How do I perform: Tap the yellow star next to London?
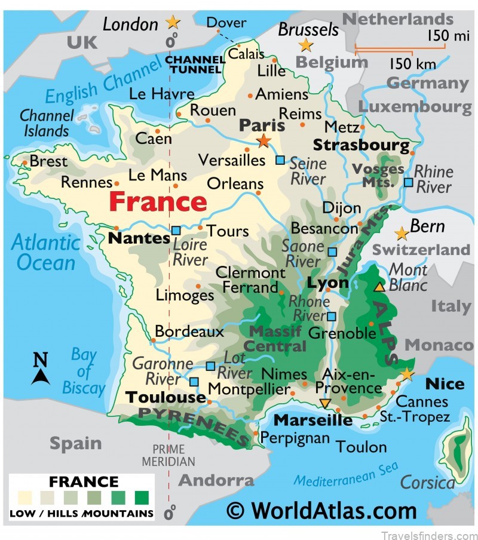click(x=173, y=23)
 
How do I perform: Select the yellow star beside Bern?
click(x=402, y=233)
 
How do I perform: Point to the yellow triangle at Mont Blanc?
click(x=379, y=287)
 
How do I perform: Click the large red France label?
click(x=158, y=201)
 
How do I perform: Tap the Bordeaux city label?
click(x=189, y=332)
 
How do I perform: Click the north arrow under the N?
click(x=40, y=376)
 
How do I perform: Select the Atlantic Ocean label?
click(x=46, y=252)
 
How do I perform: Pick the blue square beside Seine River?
click(x=280, y=159)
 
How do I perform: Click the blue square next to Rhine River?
click(x=408, y=182)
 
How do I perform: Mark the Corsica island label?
click(x=428, y=481)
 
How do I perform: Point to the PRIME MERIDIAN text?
click(x=168, y=455)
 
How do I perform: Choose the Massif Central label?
click(x=277, y=339)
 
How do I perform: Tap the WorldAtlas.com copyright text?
click(x=322, y=511)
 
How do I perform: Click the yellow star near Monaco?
click(x=407, y=375)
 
